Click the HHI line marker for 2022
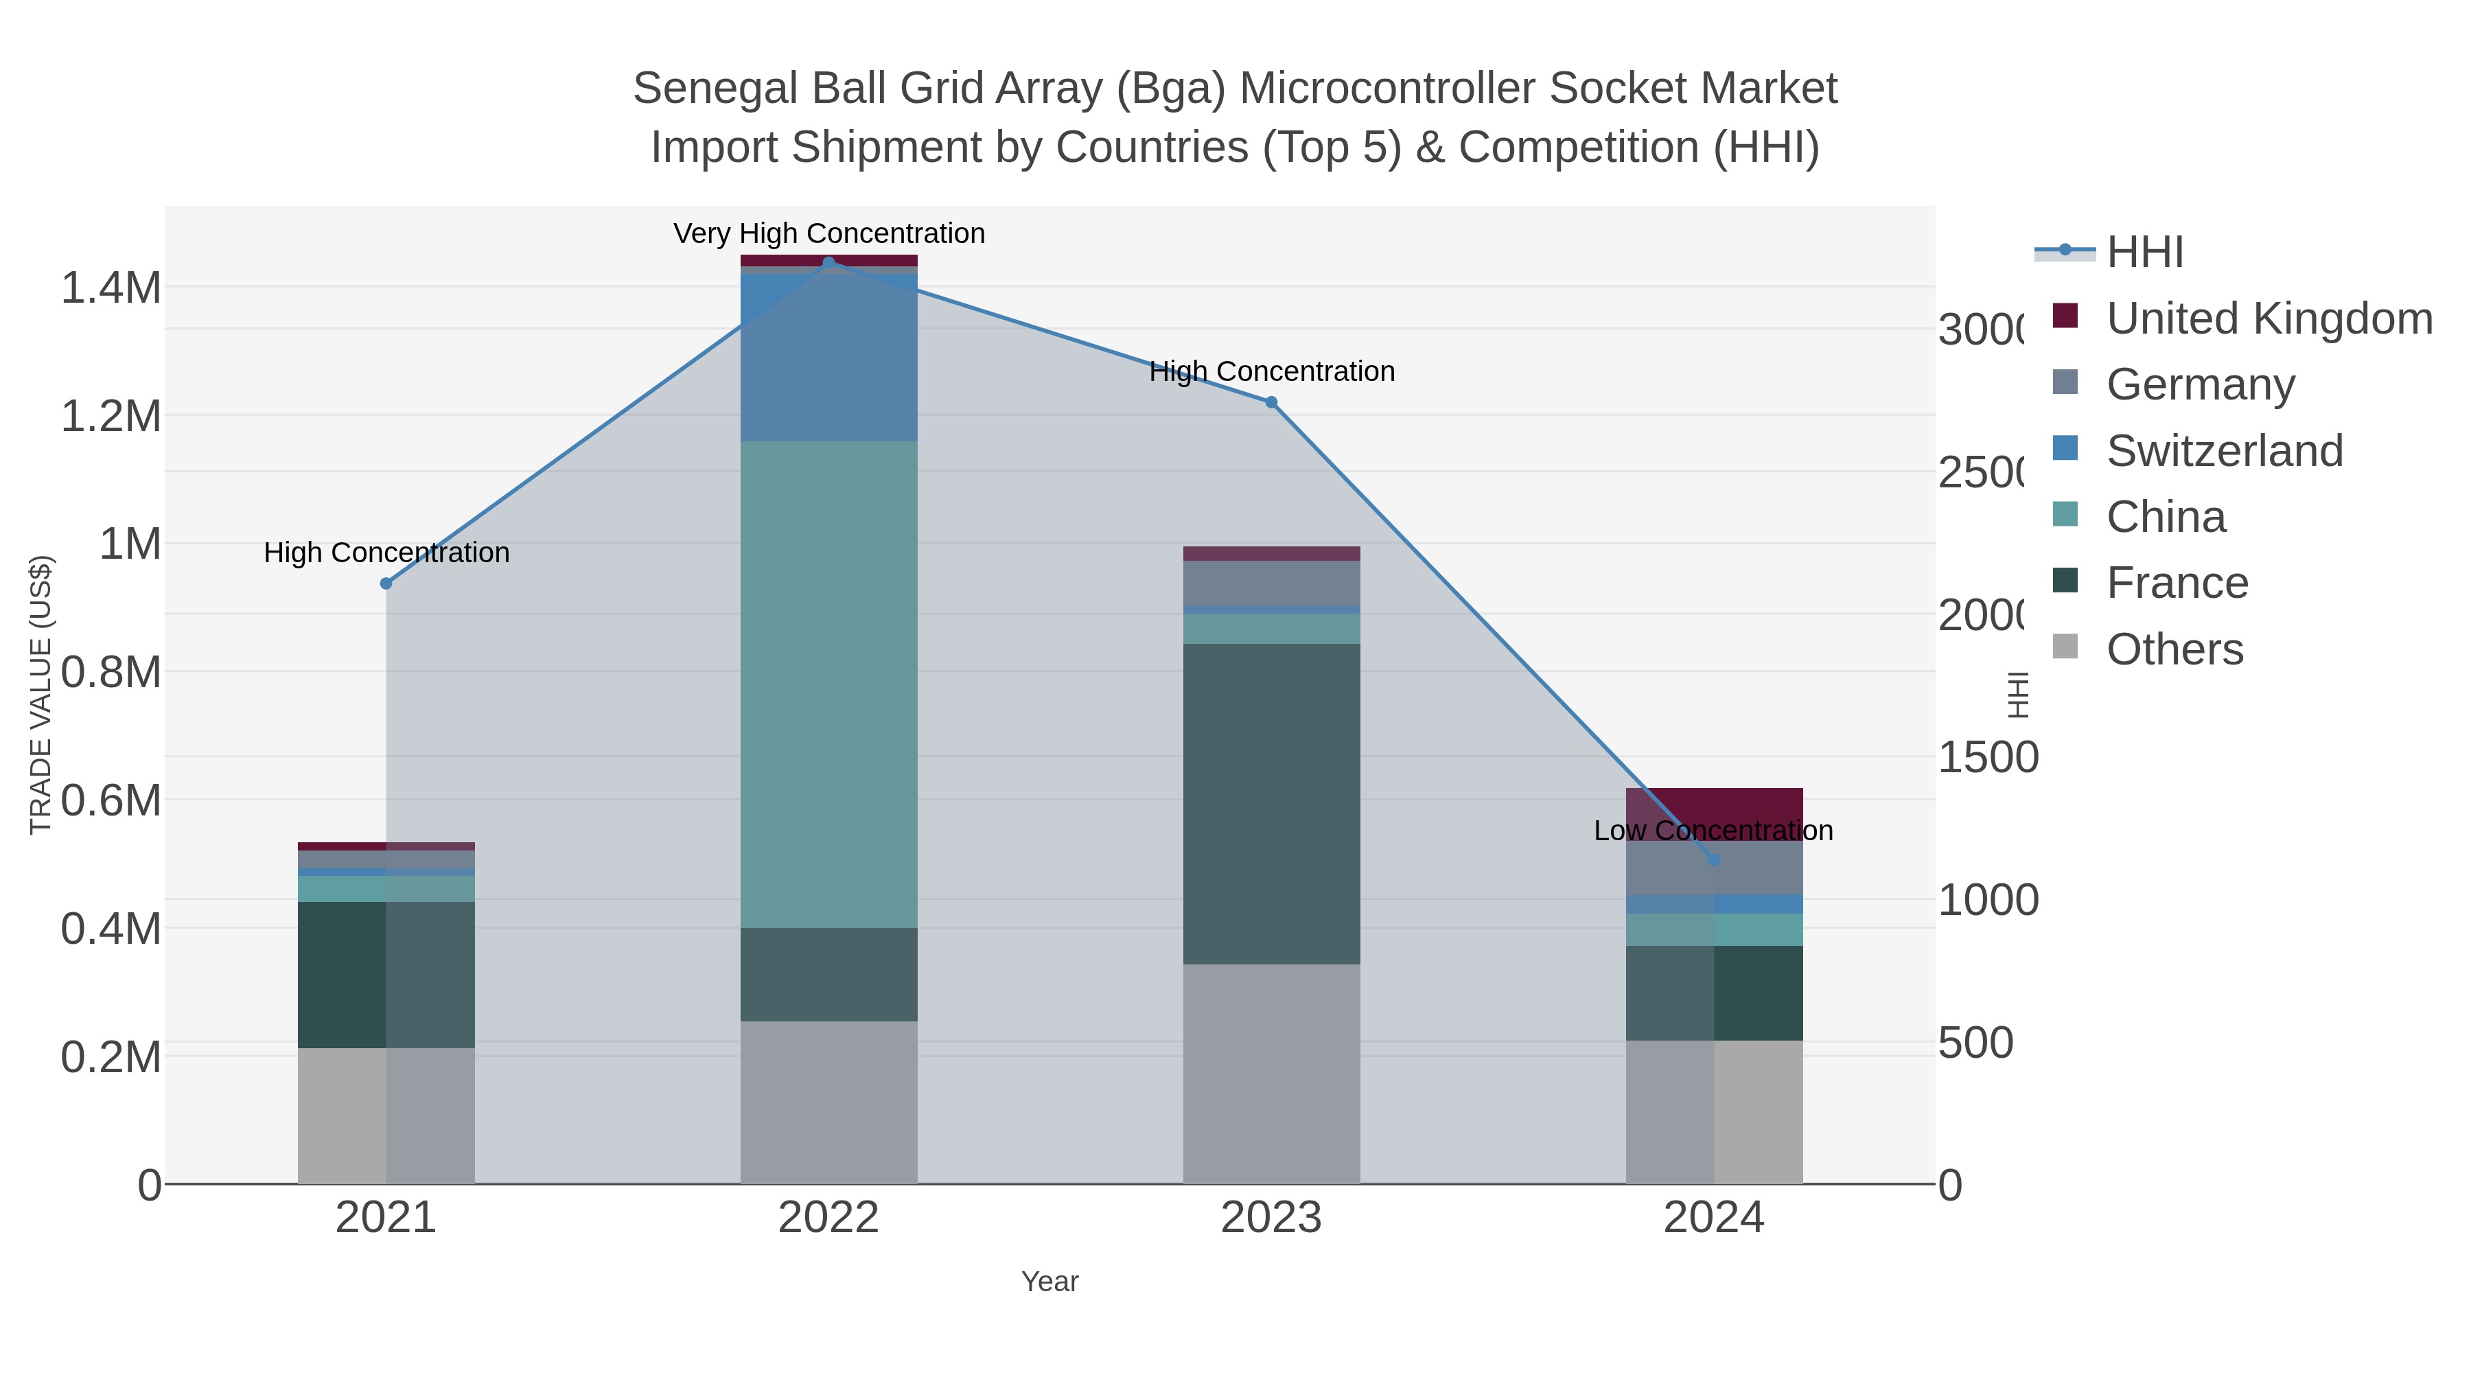[x=828, y=262]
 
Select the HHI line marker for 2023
[x=1271, y=402]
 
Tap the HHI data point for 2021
[x=386, y=583]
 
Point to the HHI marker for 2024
[x=1714, y=859]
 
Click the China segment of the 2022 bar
[x=828, y=684]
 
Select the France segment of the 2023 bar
[x=1271, y=804]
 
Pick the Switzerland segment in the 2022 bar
[x=828, y=357]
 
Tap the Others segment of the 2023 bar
[x=1271, y=1074]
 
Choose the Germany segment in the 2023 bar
[x=1271, y=583]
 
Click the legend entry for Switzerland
[x=2223, y=451]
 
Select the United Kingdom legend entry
[x=2269, y=318]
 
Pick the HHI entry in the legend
[x=2145, y=253]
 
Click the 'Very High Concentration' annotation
[x=828, y=234]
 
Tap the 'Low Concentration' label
[x=1713, y=831]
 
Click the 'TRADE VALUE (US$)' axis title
[x=40, y=695]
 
